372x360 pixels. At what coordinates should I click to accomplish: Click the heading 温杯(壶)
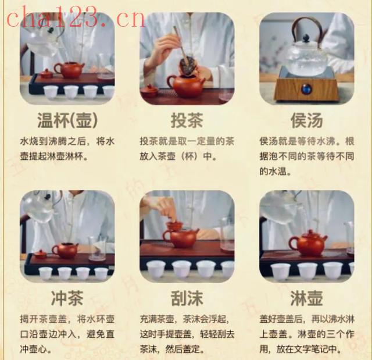point(67,120)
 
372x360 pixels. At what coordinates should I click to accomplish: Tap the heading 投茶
point(187,120)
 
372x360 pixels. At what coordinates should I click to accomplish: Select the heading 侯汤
point(306,120)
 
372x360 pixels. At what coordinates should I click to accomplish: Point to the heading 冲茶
point(67,298)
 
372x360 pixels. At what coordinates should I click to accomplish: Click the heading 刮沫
point(187,298)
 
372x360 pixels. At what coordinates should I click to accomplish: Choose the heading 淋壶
point(306,298)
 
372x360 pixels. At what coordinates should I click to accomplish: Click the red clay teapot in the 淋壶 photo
point(309,243)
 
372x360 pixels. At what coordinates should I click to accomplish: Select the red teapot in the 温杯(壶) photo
point(69,70)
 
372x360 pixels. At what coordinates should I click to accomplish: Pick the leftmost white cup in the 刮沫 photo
point(156,270)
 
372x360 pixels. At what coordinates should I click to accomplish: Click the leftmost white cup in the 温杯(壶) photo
point(51,92)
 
